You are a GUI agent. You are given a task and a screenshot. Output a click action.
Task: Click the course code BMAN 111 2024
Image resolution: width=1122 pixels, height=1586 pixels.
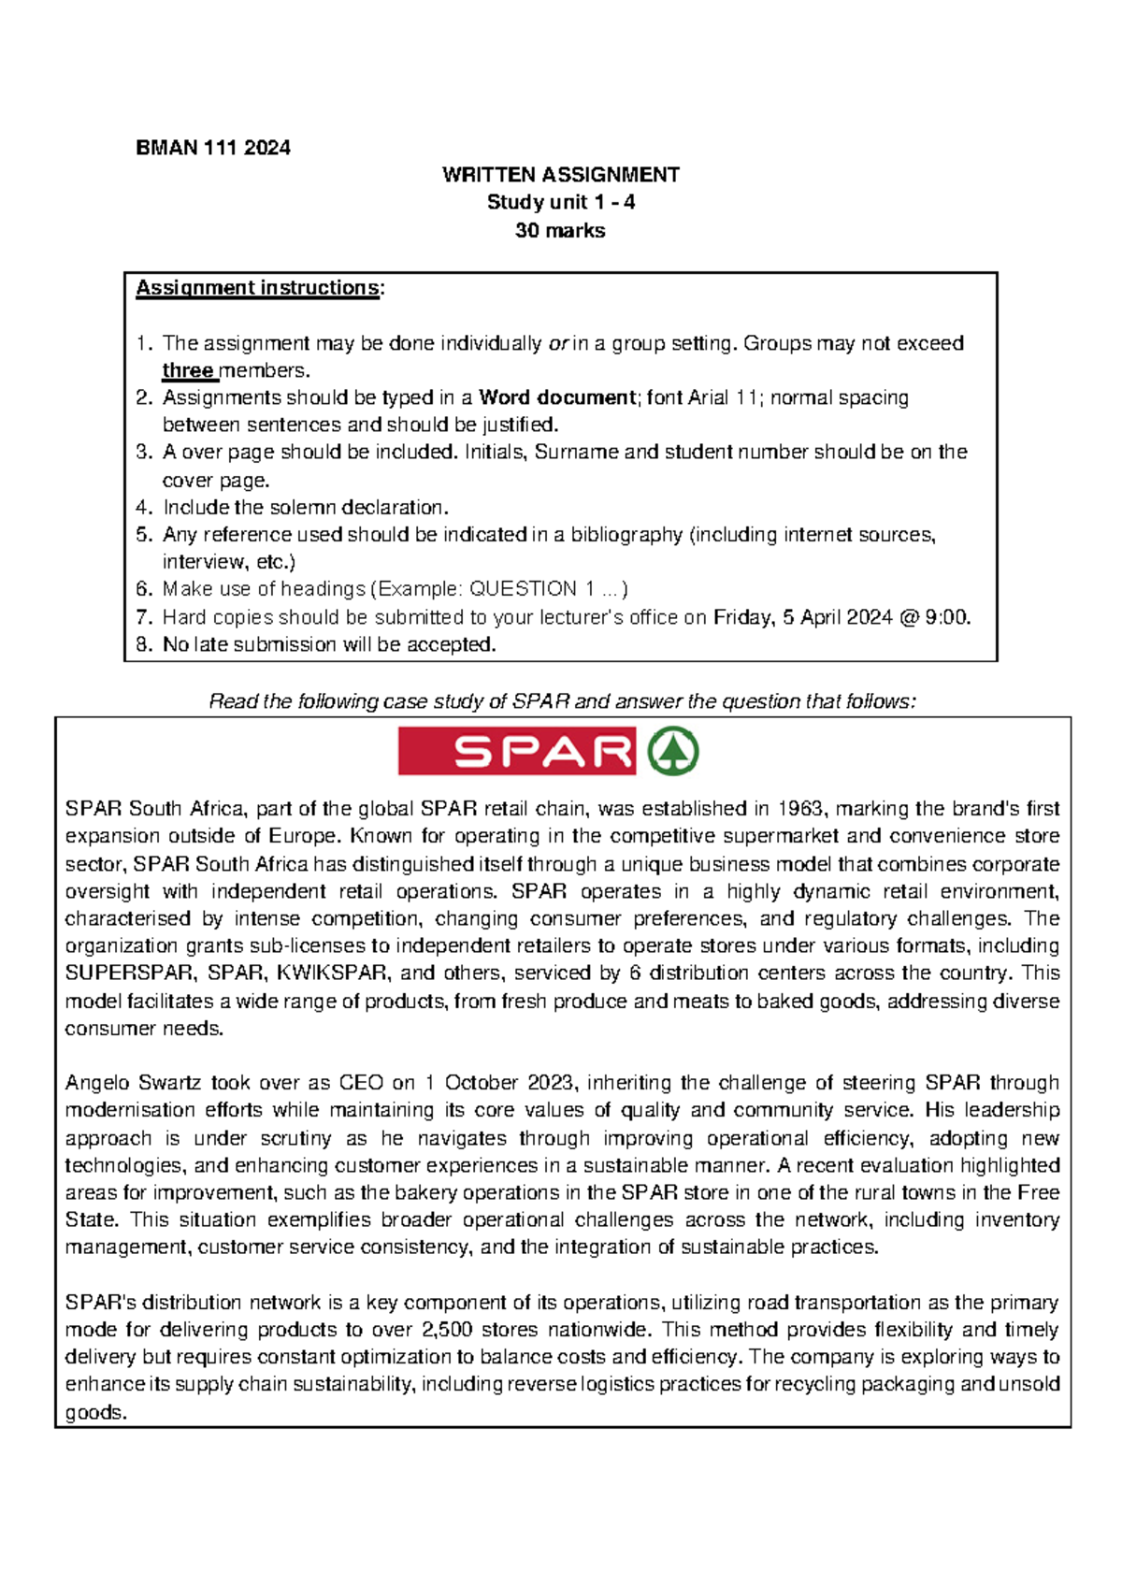click(213, 148)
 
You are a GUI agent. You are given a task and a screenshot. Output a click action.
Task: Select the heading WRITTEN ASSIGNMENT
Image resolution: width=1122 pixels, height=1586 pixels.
click(560, 175)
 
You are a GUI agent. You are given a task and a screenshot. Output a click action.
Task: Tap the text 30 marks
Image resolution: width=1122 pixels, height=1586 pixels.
click(560, 230)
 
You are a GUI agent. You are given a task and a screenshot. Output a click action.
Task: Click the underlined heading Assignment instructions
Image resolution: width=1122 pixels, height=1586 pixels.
click(257, 288)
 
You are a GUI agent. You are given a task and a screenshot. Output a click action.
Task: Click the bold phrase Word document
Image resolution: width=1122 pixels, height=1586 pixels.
click(557, 397)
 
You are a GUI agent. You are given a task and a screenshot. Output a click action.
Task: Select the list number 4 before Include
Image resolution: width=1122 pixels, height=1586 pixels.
click(143, 508)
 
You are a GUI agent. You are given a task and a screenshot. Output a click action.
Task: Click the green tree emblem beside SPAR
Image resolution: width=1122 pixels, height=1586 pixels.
click(673, 752)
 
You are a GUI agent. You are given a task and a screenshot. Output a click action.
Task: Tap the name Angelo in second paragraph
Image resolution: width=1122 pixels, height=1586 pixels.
click(97, 1083)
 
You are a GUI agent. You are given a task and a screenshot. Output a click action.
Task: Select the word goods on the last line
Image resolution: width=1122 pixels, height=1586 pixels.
click(93, 1412)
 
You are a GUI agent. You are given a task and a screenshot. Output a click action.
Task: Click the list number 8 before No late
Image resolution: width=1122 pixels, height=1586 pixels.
click(143, 645)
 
